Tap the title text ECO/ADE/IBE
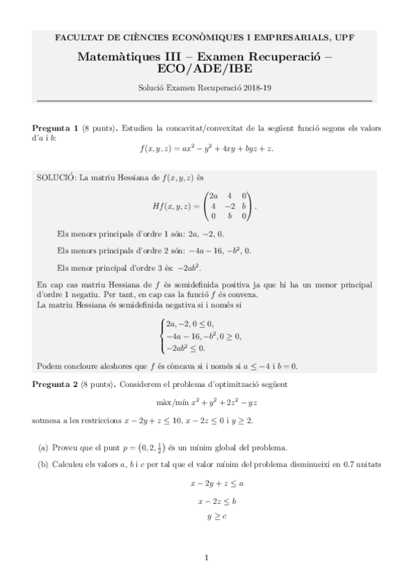coord(207,69)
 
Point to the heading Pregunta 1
coord(55,129)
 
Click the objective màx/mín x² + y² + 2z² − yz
coord(207,401)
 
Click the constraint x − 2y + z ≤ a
coord(207,485)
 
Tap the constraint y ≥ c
coord(207,515)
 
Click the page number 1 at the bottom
coord(207,557)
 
